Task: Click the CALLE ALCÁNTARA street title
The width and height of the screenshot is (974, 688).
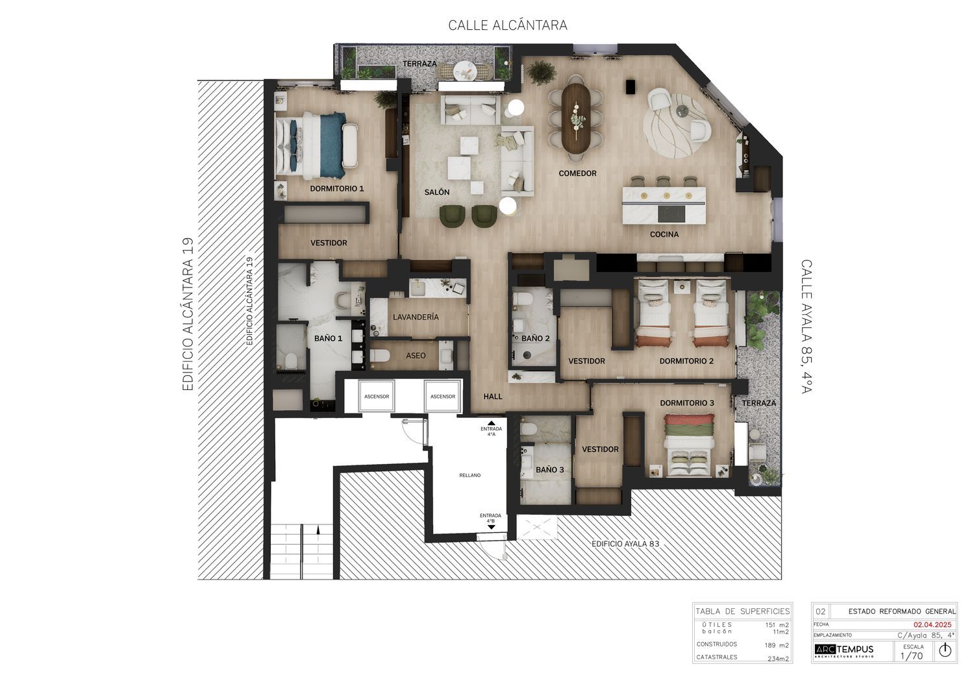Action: (x=507, y=25)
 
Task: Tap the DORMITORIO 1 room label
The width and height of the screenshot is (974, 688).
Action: (x=336, y=189)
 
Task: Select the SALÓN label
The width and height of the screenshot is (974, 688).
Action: (x=437, y=192)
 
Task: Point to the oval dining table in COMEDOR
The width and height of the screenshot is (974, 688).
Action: (x=577, y=117)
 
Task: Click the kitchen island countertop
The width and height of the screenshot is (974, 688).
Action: (x=664, y=206)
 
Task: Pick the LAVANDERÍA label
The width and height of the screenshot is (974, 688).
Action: (x=416, y=317)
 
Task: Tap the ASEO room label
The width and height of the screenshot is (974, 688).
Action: (x=416, y=356)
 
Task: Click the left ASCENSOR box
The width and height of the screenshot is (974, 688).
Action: (x=377, y=396)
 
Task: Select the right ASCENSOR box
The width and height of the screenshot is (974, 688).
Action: (x=443, y=396)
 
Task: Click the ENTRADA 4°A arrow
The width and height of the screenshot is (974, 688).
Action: (x=492, y=423)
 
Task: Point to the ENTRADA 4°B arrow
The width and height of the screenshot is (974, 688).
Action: (x=492, y=527)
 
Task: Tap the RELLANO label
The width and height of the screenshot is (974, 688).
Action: (x=470, y=475)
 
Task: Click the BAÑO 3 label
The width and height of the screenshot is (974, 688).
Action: (x=549, y=470)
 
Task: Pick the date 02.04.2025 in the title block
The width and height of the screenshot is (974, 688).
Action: (x=932, y=624)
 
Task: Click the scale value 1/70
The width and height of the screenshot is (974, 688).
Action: (x=912, y=656)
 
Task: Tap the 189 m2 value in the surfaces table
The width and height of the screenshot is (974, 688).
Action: (x=777, y=645)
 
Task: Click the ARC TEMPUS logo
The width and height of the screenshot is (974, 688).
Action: (x=844, y=650)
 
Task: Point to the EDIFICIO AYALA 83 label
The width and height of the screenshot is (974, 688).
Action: (x=625, y=544)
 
